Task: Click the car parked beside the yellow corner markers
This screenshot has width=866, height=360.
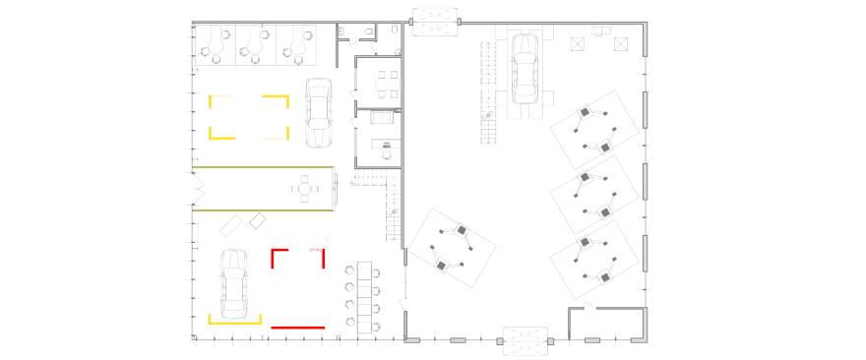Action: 318,113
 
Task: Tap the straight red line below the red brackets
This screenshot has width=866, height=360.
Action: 297,327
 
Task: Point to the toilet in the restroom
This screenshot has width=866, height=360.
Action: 368,32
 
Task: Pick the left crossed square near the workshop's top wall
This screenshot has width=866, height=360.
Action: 578,42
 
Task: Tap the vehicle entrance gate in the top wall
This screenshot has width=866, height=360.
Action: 434,22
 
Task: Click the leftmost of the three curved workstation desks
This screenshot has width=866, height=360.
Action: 216,42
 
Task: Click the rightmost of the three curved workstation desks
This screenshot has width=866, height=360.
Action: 296,42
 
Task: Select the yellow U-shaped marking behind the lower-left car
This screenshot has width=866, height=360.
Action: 234,319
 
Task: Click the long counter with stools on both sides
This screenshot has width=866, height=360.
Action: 366,292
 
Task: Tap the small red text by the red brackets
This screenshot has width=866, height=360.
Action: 314,250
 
